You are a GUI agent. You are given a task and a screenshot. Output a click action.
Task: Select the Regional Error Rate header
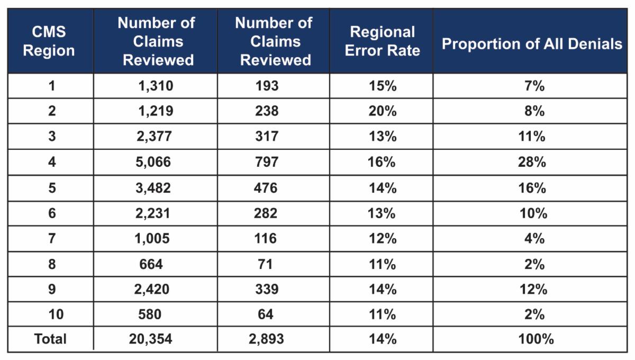click(x=382, y=41)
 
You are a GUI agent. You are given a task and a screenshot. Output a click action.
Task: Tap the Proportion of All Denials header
click(x=532, y=43)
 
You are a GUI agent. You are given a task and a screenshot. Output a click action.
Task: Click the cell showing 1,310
click(x=155, y=86)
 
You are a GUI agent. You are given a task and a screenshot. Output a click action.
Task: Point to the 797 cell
click(x=266, y=162)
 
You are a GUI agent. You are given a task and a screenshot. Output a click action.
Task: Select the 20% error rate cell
click(x=382, y=111)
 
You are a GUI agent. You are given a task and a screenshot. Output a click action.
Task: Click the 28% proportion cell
click(x=532, y=162)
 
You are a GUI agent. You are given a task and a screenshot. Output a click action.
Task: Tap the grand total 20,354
click(x=150, y=339)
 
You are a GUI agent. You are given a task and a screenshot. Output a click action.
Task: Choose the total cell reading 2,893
click(x=266, y=339)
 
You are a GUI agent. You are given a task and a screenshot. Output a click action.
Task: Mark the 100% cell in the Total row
click(x=532, y=339)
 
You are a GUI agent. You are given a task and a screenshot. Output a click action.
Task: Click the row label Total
click(x=51, y=339)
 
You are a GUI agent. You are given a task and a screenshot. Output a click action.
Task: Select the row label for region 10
click(x=51, y=314)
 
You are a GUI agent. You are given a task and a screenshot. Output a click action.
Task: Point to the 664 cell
click(x=151, y=263)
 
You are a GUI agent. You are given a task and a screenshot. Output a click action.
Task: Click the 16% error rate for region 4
click(x=382, y=162)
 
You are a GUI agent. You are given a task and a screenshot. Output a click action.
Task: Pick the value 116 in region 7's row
click(x=266, y=238)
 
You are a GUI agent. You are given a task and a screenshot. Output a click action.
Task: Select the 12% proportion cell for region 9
click(x=532, y=289)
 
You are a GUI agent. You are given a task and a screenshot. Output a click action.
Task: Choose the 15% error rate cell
click(x=382, y=86)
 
